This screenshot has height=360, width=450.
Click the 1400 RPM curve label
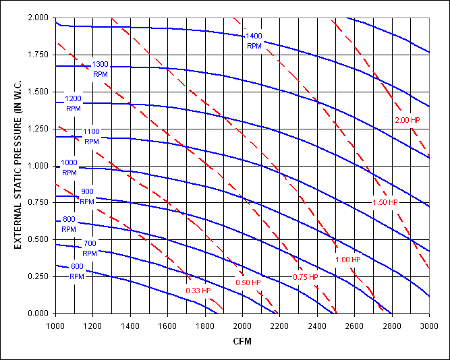click(254, 40)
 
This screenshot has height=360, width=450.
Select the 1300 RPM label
click(100, 69)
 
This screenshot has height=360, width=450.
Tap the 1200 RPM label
click(73, 103)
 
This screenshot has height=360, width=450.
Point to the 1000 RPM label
click(69, 167)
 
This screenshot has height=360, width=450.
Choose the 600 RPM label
click(76, 272)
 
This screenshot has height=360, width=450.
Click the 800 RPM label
click(69, 224)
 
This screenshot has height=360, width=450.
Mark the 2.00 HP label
click(407, 120)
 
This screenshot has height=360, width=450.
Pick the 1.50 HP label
click(385, 202)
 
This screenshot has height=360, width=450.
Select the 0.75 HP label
click(305, 277)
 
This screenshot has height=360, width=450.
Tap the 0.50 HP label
click(248, 282)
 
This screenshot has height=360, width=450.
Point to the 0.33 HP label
click(198, 291)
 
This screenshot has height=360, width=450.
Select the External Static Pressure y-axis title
click(19, 164)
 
